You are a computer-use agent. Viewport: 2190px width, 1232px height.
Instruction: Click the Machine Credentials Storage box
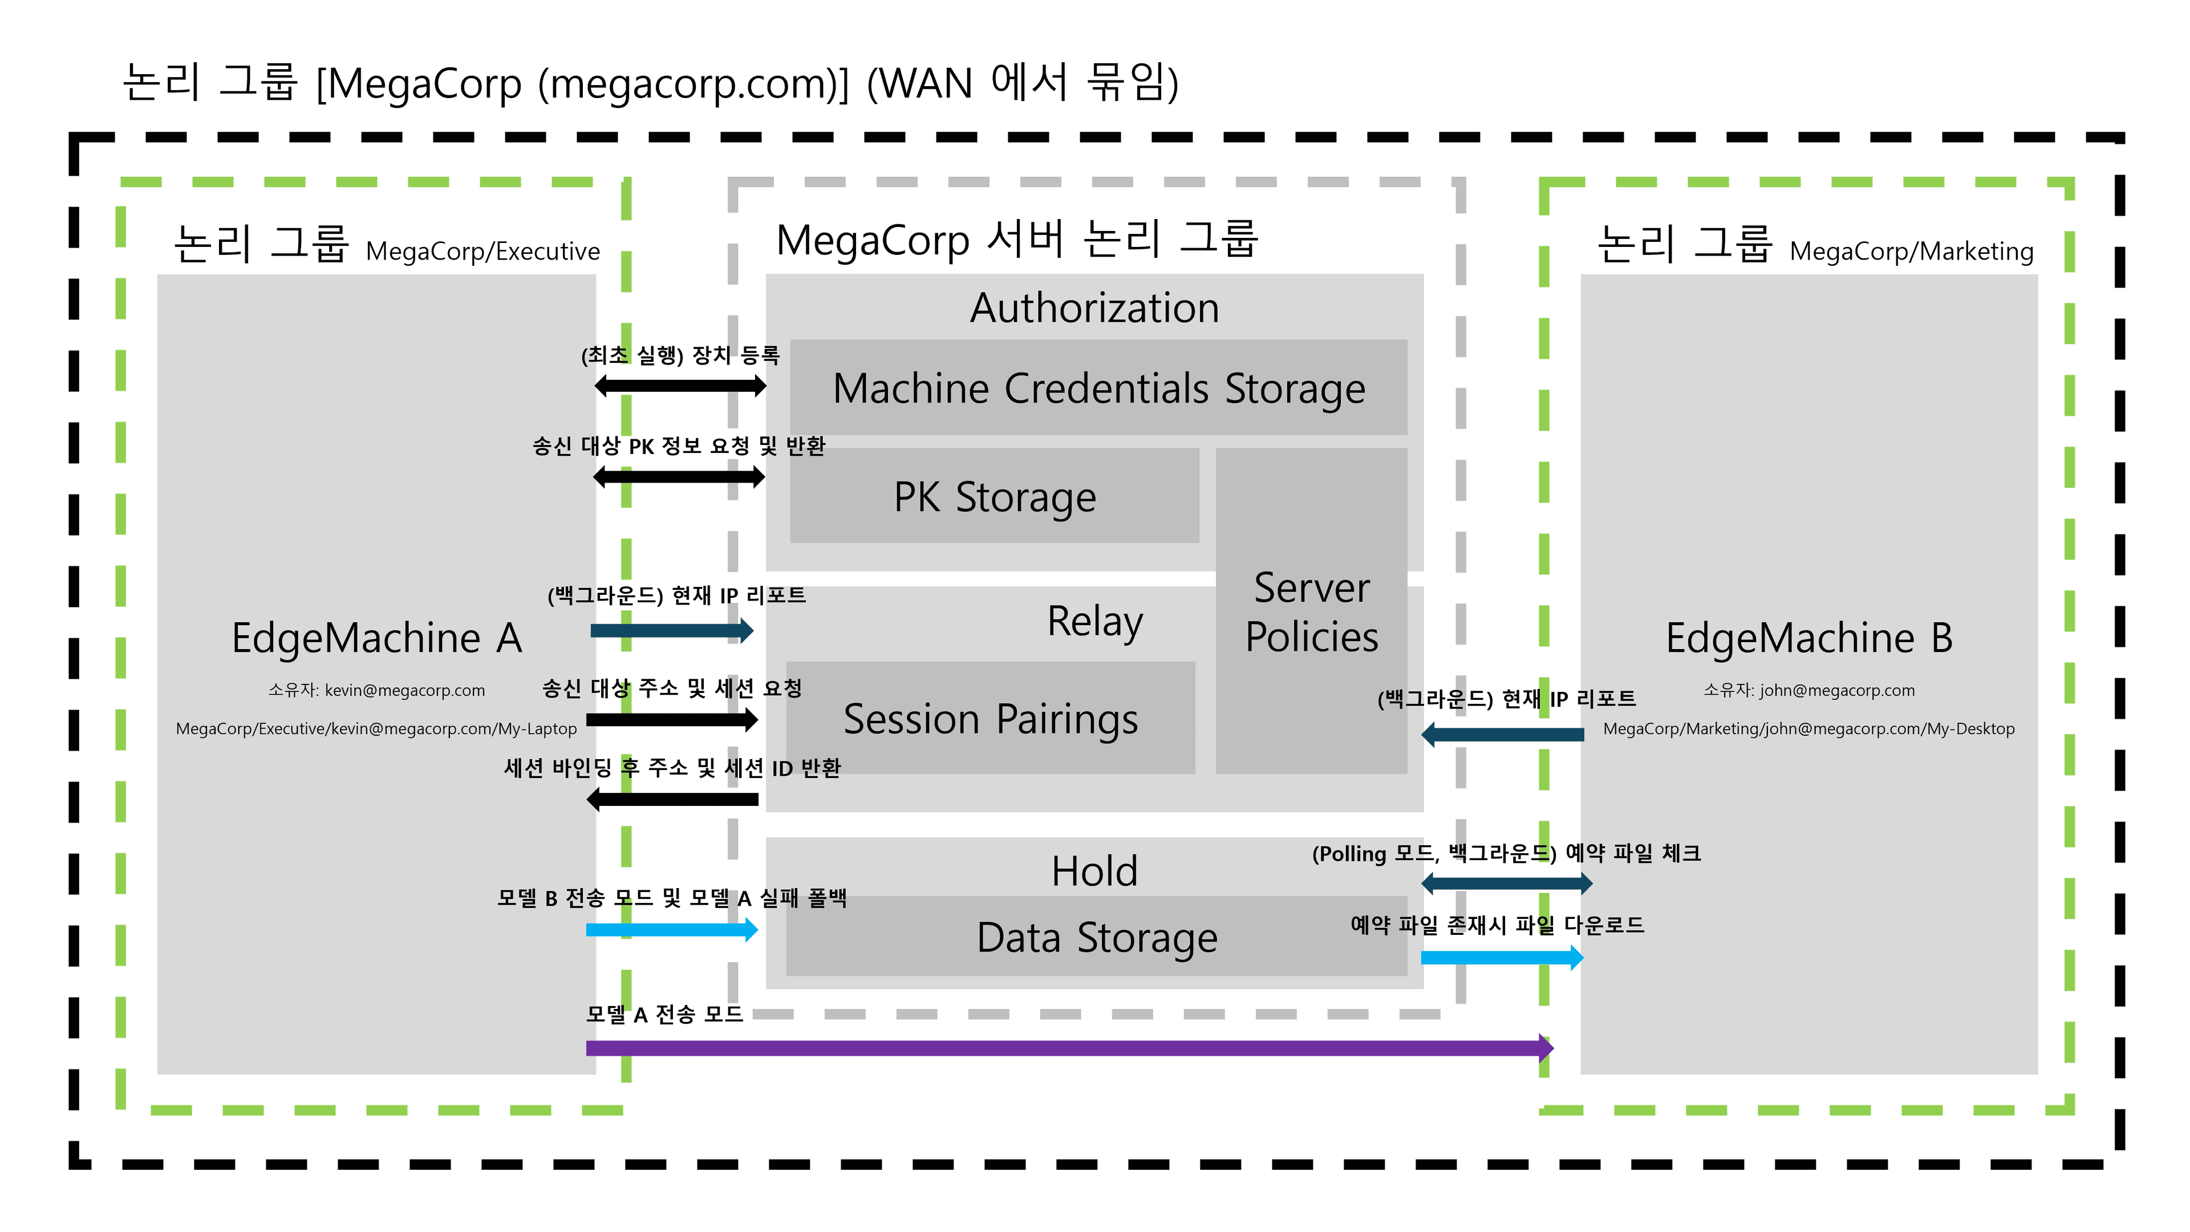coord(1098,388)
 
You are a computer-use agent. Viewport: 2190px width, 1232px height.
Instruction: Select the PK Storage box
coord(995,497)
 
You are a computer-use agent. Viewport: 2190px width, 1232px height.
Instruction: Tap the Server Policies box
coord(1311,612)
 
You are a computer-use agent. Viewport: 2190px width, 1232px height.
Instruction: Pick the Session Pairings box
coord(991,719)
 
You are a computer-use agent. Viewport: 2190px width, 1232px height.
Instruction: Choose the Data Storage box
coord(1097,937)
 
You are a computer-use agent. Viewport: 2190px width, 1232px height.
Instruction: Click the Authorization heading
coord(1094,308)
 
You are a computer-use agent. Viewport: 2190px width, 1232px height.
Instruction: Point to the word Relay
coord(1094,622)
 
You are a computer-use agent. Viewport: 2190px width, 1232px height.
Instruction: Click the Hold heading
coord(1094,872)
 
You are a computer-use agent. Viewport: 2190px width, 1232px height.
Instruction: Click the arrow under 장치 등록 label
coord(680,386)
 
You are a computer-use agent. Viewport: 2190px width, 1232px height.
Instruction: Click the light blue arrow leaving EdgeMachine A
coord(672,929)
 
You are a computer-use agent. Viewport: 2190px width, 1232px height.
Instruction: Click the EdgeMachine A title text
coord(376,639)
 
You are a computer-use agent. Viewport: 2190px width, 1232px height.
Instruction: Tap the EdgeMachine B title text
coord(1808,639)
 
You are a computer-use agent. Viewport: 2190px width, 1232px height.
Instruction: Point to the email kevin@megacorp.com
coord(405,690)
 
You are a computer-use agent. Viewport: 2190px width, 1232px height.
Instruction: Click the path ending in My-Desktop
coord(1808,729)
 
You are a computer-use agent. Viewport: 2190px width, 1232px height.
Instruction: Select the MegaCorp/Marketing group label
coord(1911,252)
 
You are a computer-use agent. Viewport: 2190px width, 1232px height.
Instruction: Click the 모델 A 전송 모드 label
coord(664,1014)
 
